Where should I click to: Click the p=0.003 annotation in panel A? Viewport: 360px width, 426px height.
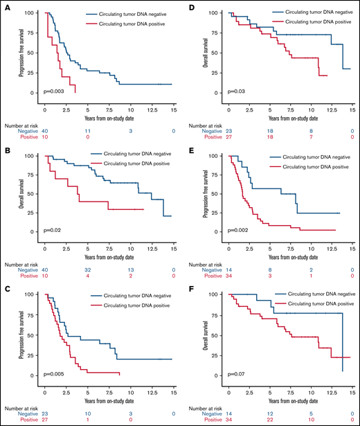pyautogui.click(x=57, y=89)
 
